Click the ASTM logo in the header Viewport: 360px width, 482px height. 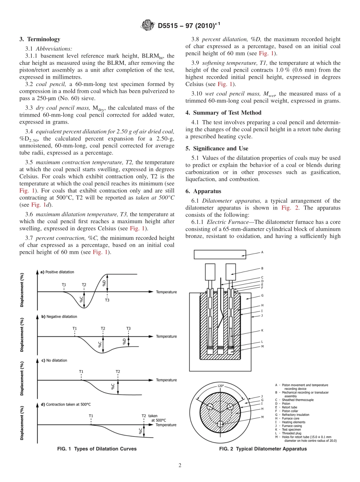point(148,25)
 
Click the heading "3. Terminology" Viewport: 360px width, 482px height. point(40,39)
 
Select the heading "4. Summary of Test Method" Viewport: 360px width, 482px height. point(224,113)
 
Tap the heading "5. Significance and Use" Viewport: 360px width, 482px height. point(217,149)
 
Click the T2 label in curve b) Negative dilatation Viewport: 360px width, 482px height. point(103,329)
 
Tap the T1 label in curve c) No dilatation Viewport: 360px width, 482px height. point(81,372)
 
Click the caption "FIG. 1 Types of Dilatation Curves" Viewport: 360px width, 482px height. point(97,449)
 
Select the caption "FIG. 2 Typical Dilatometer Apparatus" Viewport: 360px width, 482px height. point(263,449)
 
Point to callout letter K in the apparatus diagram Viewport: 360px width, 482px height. point(262,330)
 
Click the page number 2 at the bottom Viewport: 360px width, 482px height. point(180,465)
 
